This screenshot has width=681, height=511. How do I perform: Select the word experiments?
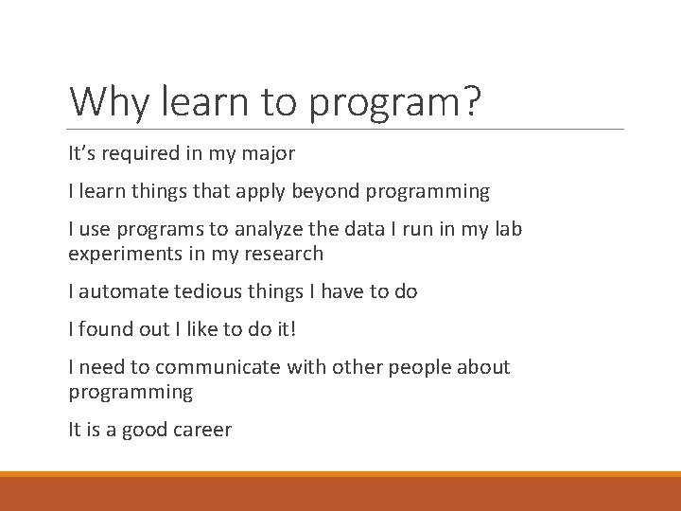[x=121, y=254]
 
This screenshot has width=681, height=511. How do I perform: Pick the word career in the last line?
[x=201, y=430]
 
